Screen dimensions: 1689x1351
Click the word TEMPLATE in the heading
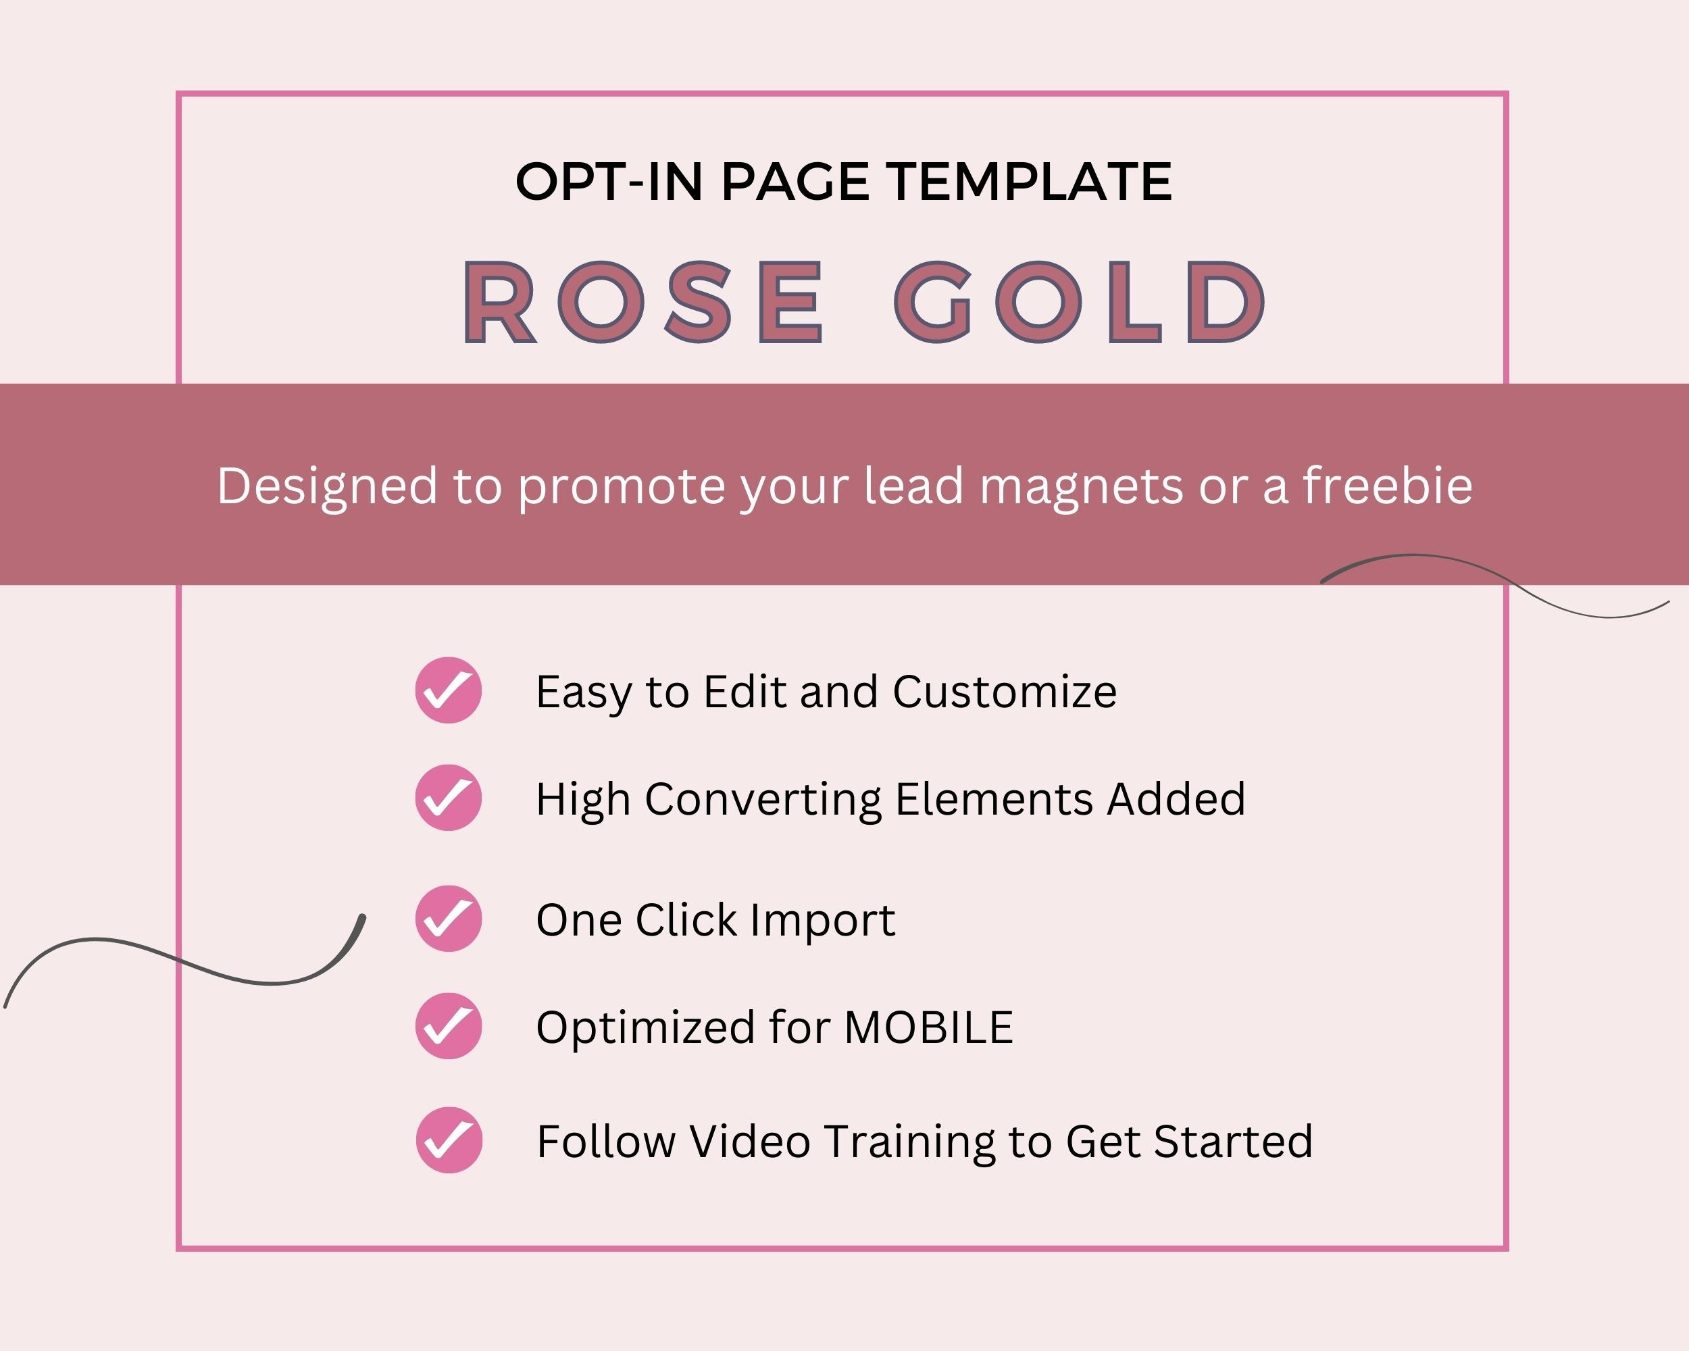(x=1031, y=182)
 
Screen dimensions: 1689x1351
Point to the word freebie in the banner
(x=1388, y=486)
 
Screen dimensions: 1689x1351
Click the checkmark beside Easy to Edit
(x=448, y=690)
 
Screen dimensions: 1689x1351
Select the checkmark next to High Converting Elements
(x=448, y=797)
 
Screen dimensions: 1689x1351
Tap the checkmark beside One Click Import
(x=448, y=919)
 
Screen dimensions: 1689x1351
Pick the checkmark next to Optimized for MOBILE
(x=448, y=1026)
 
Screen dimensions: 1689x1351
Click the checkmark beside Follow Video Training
(x=449, y=1140)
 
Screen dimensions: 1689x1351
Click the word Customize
(x=1005, y=692)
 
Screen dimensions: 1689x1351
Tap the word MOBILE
(x=929, y=1027)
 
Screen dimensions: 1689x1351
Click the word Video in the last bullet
(x=750, y=1141)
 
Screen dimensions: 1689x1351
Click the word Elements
(x=992, y=799)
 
